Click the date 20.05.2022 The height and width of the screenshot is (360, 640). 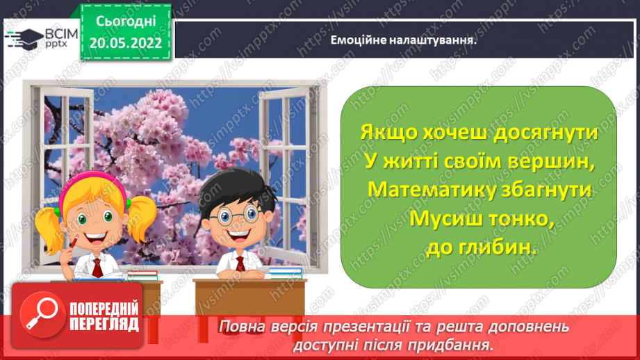[126, 42]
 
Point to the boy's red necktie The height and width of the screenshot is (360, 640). [240, 263]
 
